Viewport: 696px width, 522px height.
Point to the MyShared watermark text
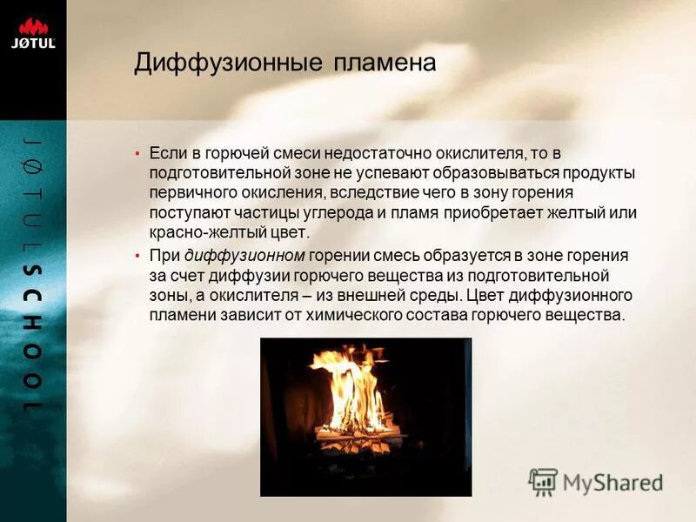[x=612, y=482]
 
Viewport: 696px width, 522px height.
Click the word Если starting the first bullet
[x=165, y=153]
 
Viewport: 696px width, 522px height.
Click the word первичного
[x=189, y=192]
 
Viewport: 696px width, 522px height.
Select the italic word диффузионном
[x=244, y=256]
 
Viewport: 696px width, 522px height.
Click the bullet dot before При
[x=137, y=256]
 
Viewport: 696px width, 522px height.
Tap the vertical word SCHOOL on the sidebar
[x=32, y=339]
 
